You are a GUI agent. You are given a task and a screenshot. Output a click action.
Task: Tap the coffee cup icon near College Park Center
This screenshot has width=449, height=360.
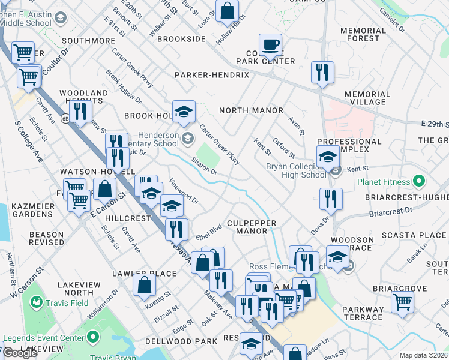click(x=270, y=44)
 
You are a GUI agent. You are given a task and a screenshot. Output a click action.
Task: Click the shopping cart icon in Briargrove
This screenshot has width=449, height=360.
click(x=402, y=301)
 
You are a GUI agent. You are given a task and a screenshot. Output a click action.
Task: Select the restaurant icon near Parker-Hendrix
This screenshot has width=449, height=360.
click(x=322, y=73)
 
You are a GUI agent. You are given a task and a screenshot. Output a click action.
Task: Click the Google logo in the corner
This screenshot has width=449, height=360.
click(x=20, y=353)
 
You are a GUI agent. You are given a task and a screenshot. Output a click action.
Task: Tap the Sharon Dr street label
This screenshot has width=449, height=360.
click(x=204, y=166)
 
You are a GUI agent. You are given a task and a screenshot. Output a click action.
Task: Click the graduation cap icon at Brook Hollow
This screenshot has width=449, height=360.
click(x=184, y=110)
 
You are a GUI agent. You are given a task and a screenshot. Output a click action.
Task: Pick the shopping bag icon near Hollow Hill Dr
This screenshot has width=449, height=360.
click(x=228, y=10)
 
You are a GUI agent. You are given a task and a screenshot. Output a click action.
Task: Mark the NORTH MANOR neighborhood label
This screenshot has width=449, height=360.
click(x=251, y=110)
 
